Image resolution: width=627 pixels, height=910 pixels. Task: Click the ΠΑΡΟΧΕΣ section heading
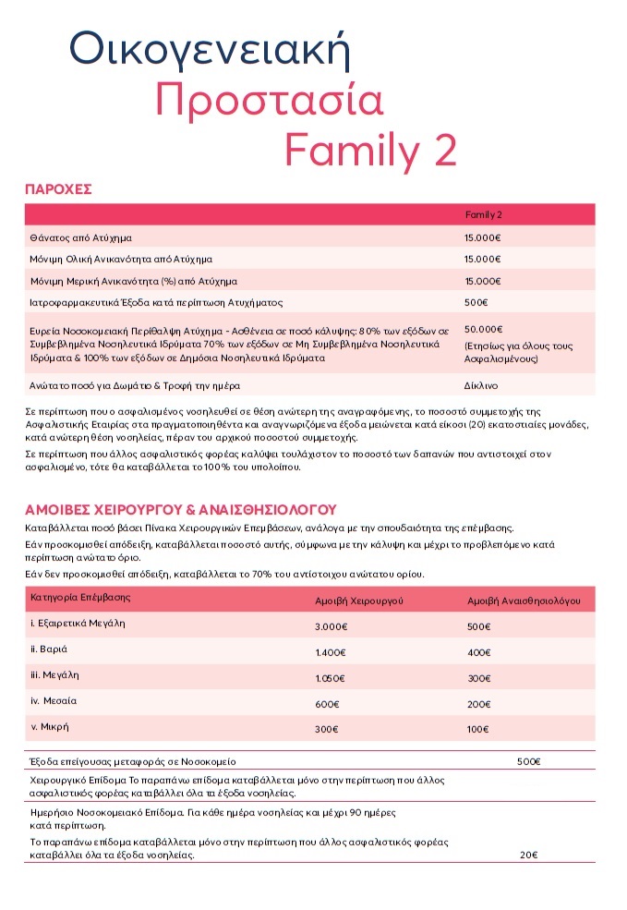click(x=58, y=189)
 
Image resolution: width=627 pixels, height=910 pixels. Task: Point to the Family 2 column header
click(x=483, y=214)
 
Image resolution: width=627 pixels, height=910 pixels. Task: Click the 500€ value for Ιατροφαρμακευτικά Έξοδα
click(x=476, y=302)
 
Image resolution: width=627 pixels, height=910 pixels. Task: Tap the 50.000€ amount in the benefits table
click(x=483, y=329)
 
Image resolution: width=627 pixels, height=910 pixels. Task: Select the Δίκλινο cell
click(x=480, y=385)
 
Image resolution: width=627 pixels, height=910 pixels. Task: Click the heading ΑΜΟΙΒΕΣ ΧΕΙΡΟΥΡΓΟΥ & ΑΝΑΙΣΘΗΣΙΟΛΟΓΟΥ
click(x=180, y=509)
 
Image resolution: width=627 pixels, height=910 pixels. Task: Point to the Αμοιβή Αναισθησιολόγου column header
click(x=524, y=601)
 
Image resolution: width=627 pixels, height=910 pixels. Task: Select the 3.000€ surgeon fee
click(x=331, y=626)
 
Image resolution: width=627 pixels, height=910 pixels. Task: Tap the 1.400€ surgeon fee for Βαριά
click(x=331, y=652)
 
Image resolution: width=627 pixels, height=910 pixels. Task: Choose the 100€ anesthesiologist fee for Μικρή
click(x=478, y=730)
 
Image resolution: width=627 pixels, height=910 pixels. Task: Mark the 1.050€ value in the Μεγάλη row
click(x=331, y=678)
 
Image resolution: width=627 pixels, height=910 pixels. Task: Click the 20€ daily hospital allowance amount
click(x=528, y=855)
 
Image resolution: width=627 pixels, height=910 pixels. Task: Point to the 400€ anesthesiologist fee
click(x=479, y=652)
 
